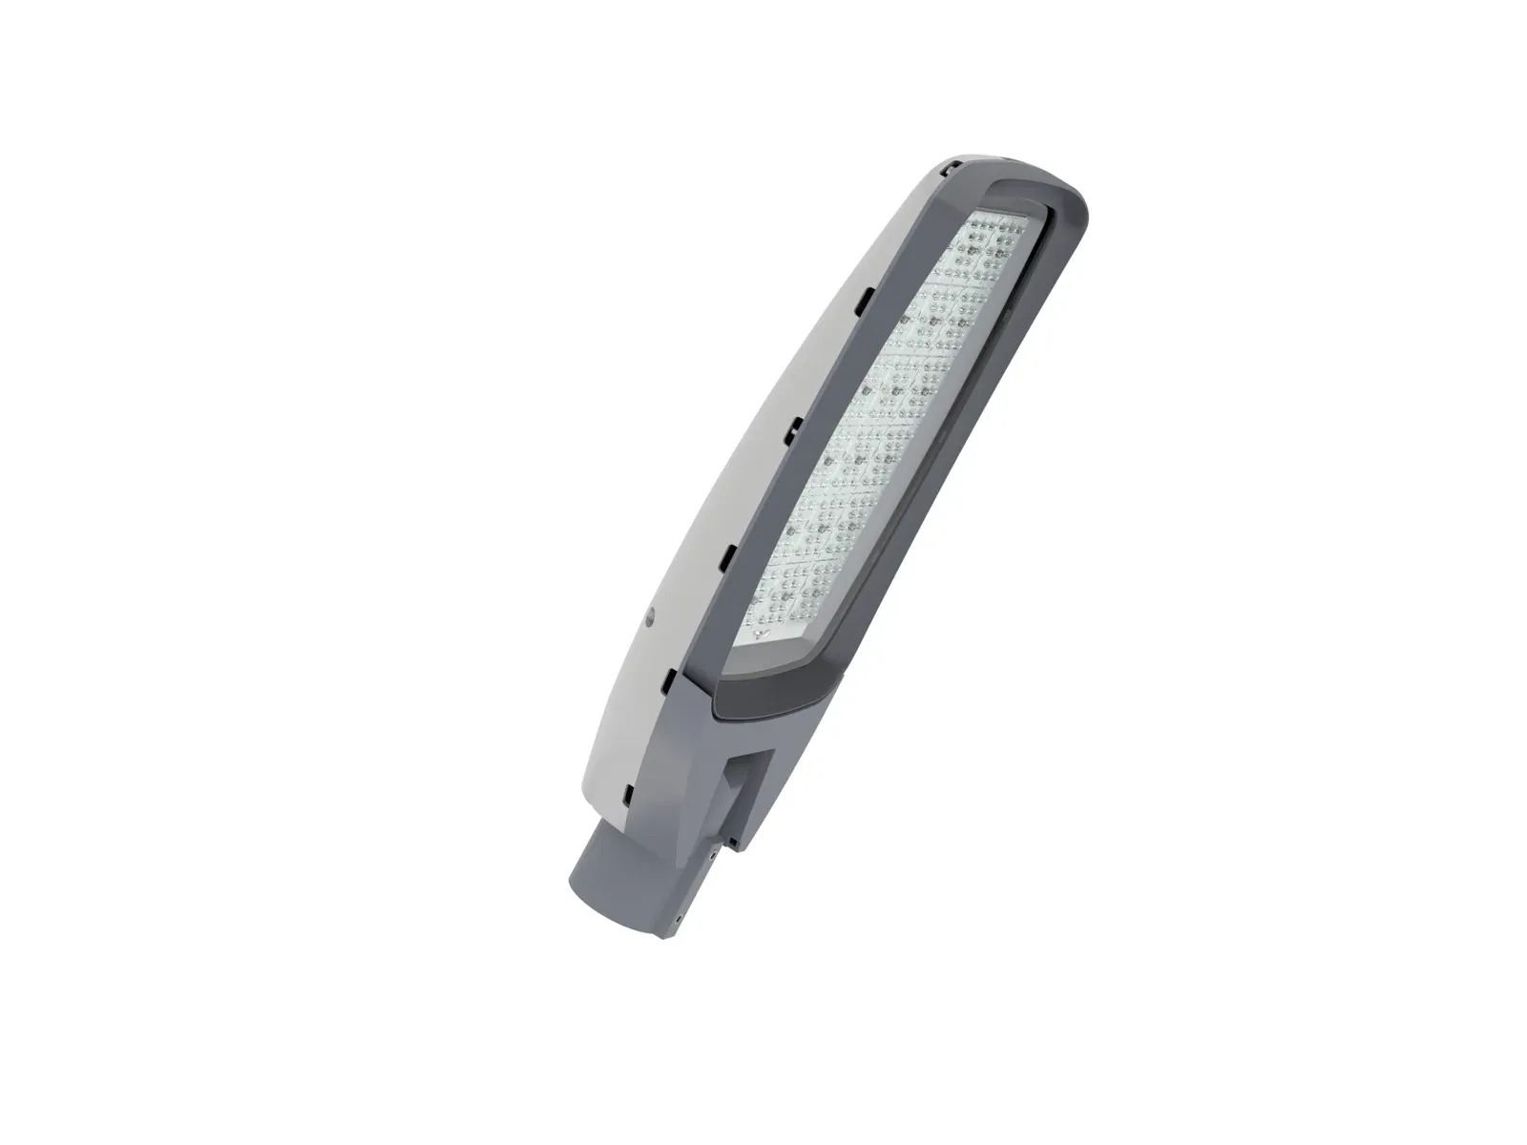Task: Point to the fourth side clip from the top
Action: tap(727, 553)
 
